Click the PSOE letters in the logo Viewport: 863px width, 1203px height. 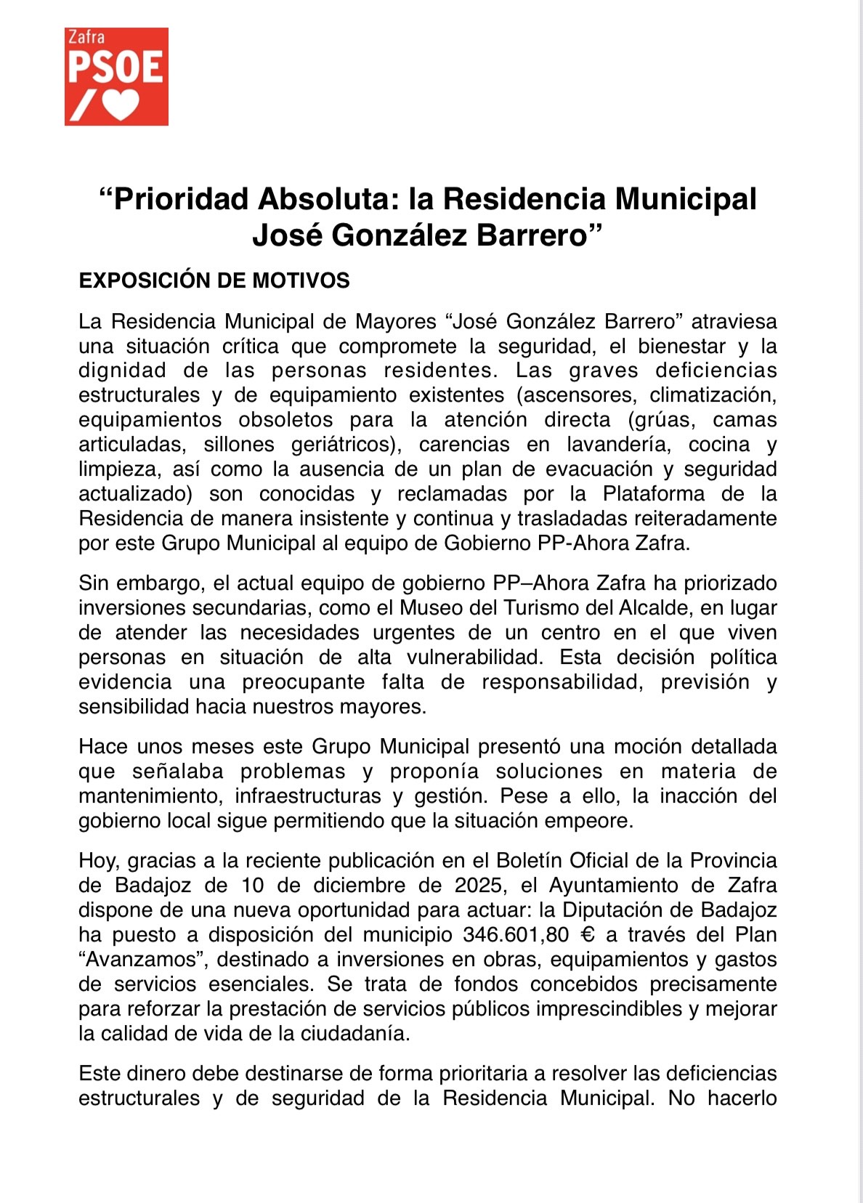116,68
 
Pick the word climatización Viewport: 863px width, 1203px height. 713,395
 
